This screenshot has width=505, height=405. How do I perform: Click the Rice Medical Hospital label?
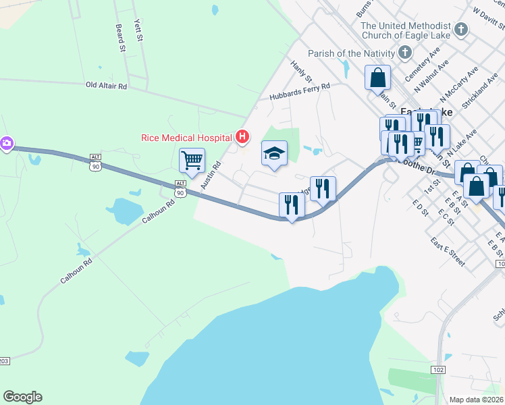pos(186,138)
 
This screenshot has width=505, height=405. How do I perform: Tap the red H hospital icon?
pos(243,138)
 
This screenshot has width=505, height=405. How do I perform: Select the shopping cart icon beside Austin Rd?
pos(192,161)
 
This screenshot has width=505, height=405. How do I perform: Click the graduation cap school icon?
pos(274,153)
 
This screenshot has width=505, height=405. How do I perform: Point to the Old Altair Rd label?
pos(106,86)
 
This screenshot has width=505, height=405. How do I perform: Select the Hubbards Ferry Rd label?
pos(299,92)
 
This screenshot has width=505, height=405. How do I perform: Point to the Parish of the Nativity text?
pos(350,53)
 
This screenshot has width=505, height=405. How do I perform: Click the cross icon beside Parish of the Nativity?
pos(405,53)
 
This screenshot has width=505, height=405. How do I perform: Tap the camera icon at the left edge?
pos(6,143)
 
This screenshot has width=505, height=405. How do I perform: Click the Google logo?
pos(22,397)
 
